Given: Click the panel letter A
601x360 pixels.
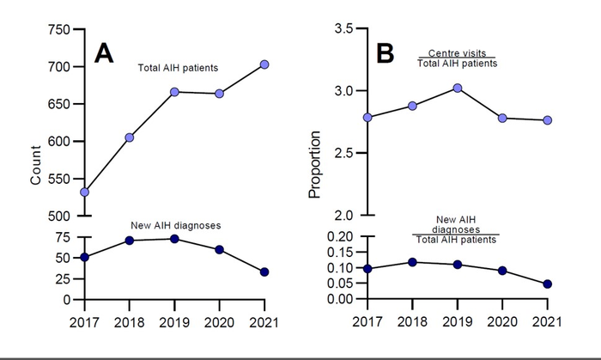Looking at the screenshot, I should (104, 53).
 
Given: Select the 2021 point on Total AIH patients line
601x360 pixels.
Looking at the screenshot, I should (264, 64).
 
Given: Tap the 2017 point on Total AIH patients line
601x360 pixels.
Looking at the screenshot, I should (84, 192).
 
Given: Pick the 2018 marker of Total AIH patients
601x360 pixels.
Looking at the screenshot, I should (129, 137).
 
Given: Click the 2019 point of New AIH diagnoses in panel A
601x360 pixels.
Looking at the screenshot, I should (174, 239).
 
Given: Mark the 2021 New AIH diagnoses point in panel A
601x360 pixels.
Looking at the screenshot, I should (264, 272).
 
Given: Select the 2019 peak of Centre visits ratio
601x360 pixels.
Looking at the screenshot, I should (458, 88).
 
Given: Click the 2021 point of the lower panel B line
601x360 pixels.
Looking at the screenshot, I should (547, 284).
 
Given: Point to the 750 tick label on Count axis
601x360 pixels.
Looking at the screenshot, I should (59, 29).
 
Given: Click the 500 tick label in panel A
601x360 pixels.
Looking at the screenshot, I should (59, 216).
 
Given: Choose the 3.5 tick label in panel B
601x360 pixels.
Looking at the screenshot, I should (343, 29).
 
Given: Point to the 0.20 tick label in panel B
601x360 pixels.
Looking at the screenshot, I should (339, 236).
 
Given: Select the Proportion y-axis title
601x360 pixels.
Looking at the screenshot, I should (314, 164).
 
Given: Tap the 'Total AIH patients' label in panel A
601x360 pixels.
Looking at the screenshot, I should (178, 67).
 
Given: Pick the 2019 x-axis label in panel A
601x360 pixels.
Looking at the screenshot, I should (174, 319).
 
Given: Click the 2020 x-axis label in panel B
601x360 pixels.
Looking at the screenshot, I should (502, 319).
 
